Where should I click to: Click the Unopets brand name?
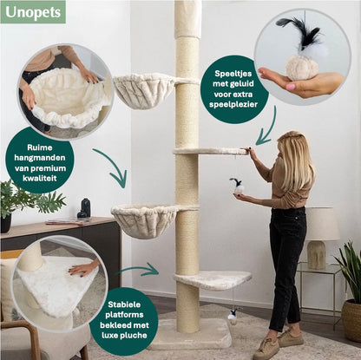(x=32, y=11)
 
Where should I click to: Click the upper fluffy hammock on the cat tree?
(x=143, y=88)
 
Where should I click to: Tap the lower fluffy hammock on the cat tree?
(x=143, y=219)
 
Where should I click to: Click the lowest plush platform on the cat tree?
(x=213, y=279)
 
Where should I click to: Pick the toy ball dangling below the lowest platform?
(x=233, y=318)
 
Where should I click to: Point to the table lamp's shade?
(x=322, y=224)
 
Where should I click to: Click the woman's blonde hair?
(x=295, y=160)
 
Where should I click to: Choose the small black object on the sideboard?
(x=83, y=208)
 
